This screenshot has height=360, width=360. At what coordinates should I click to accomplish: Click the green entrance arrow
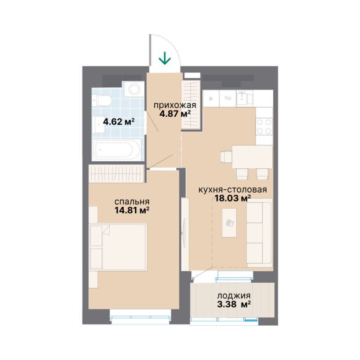165,58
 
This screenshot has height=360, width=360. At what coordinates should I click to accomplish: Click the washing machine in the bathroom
135,89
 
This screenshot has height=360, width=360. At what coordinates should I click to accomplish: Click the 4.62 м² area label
119,122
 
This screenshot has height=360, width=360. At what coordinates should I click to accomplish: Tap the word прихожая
175,105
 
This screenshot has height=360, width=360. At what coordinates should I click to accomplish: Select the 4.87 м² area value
175,113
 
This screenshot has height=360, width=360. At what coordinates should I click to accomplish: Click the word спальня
132,202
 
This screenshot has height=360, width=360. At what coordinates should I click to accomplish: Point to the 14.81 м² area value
132,210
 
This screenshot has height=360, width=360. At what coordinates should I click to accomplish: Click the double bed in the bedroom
118,247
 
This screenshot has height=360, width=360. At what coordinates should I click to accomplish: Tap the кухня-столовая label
232,190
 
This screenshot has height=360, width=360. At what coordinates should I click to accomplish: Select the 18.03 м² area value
232,198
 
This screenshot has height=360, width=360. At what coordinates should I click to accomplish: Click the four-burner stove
264,126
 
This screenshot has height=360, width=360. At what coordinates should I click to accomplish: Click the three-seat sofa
259,233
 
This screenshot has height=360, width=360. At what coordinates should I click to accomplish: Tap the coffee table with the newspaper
229,223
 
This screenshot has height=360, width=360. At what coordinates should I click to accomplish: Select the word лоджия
234,296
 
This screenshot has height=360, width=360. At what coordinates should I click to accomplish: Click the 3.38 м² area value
234,304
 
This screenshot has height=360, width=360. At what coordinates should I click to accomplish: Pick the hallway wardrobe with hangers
191,105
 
